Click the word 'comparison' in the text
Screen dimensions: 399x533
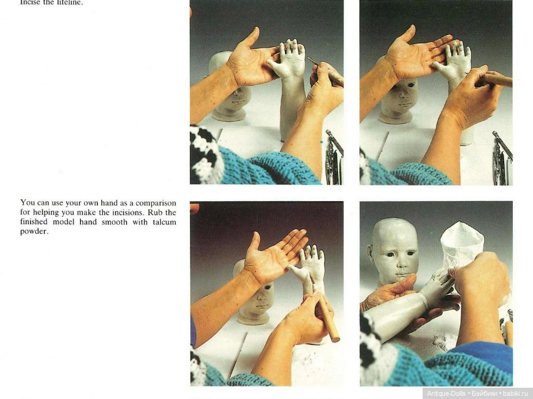[x=154, y=203]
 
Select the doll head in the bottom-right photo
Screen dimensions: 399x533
[x=393, y=249]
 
